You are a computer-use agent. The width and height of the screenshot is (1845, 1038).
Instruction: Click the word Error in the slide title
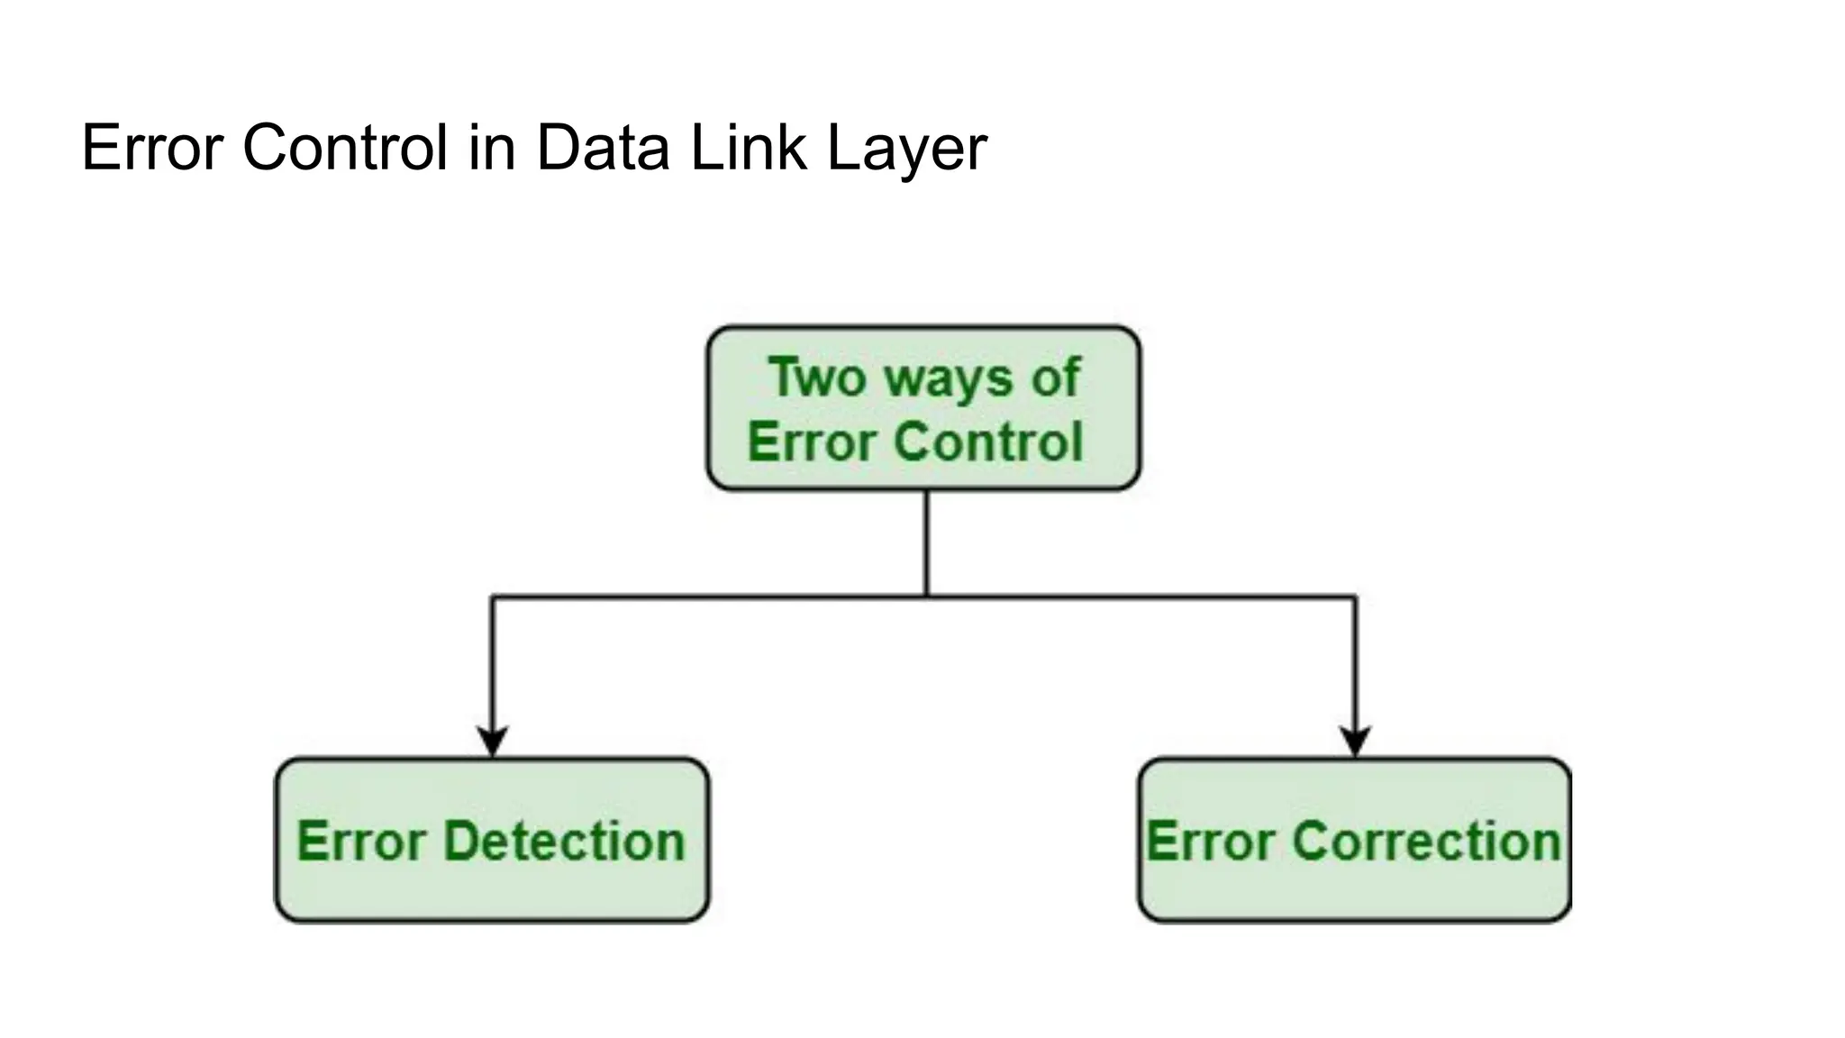click(151, 148)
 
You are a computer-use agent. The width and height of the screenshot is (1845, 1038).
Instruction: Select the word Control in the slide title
click(345, 148)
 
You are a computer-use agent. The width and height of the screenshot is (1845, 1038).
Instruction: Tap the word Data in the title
click(603, 148)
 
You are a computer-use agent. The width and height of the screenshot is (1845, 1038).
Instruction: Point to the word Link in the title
click(748, 148)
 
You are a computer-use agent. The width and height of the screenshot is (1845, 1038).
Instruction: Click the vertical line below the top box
click(926, 541)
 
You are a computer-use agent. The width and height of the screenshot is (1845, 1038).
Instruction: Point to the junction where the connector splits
click(926, 596)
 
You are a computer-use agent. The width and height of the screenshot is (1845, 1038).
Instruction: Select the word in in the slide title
click(491, 148)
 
